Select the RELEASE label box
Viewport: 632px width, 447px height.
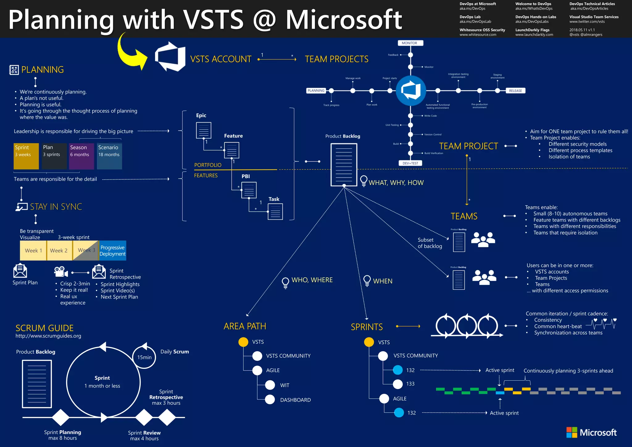(515, 91)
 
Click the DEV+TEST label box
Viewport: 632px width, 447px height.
(410, 163)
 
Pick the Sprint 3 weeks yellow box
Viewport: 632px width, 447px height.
(26, 156)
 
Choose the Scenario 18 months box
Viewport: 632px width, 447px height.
(110, 156)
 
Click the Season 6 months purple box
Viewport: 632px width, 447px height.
(81, 156)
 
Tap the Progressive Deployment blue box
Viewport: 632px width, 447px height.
(113, 251)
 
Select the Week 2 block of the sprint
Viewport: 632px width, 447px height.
(59, 251)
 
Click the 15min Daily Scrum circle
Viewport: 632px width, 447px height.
(144, 357)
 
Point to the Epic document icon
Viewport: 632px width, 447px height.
(204, 130)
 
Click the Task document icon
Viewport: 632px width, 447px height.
(275, 211)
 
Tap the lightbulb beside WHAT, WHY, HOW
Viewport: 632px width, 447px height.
(364, 181)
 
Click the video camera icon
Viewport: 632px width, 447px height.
(61, 272)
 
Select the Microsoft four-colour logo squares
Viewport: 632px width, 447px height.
(572, 432)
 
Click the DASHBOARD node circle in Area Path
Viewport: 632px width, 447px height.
(270, 399)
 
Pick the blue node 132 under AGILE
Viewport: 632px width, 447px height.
(399, 413)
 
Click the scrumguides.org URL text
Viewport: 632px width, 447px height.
(48, 336)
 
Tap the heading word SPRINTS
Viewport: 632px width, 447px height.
(367, 327)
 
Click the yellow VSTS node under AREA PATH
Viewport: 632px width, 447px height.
(243, 342)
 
